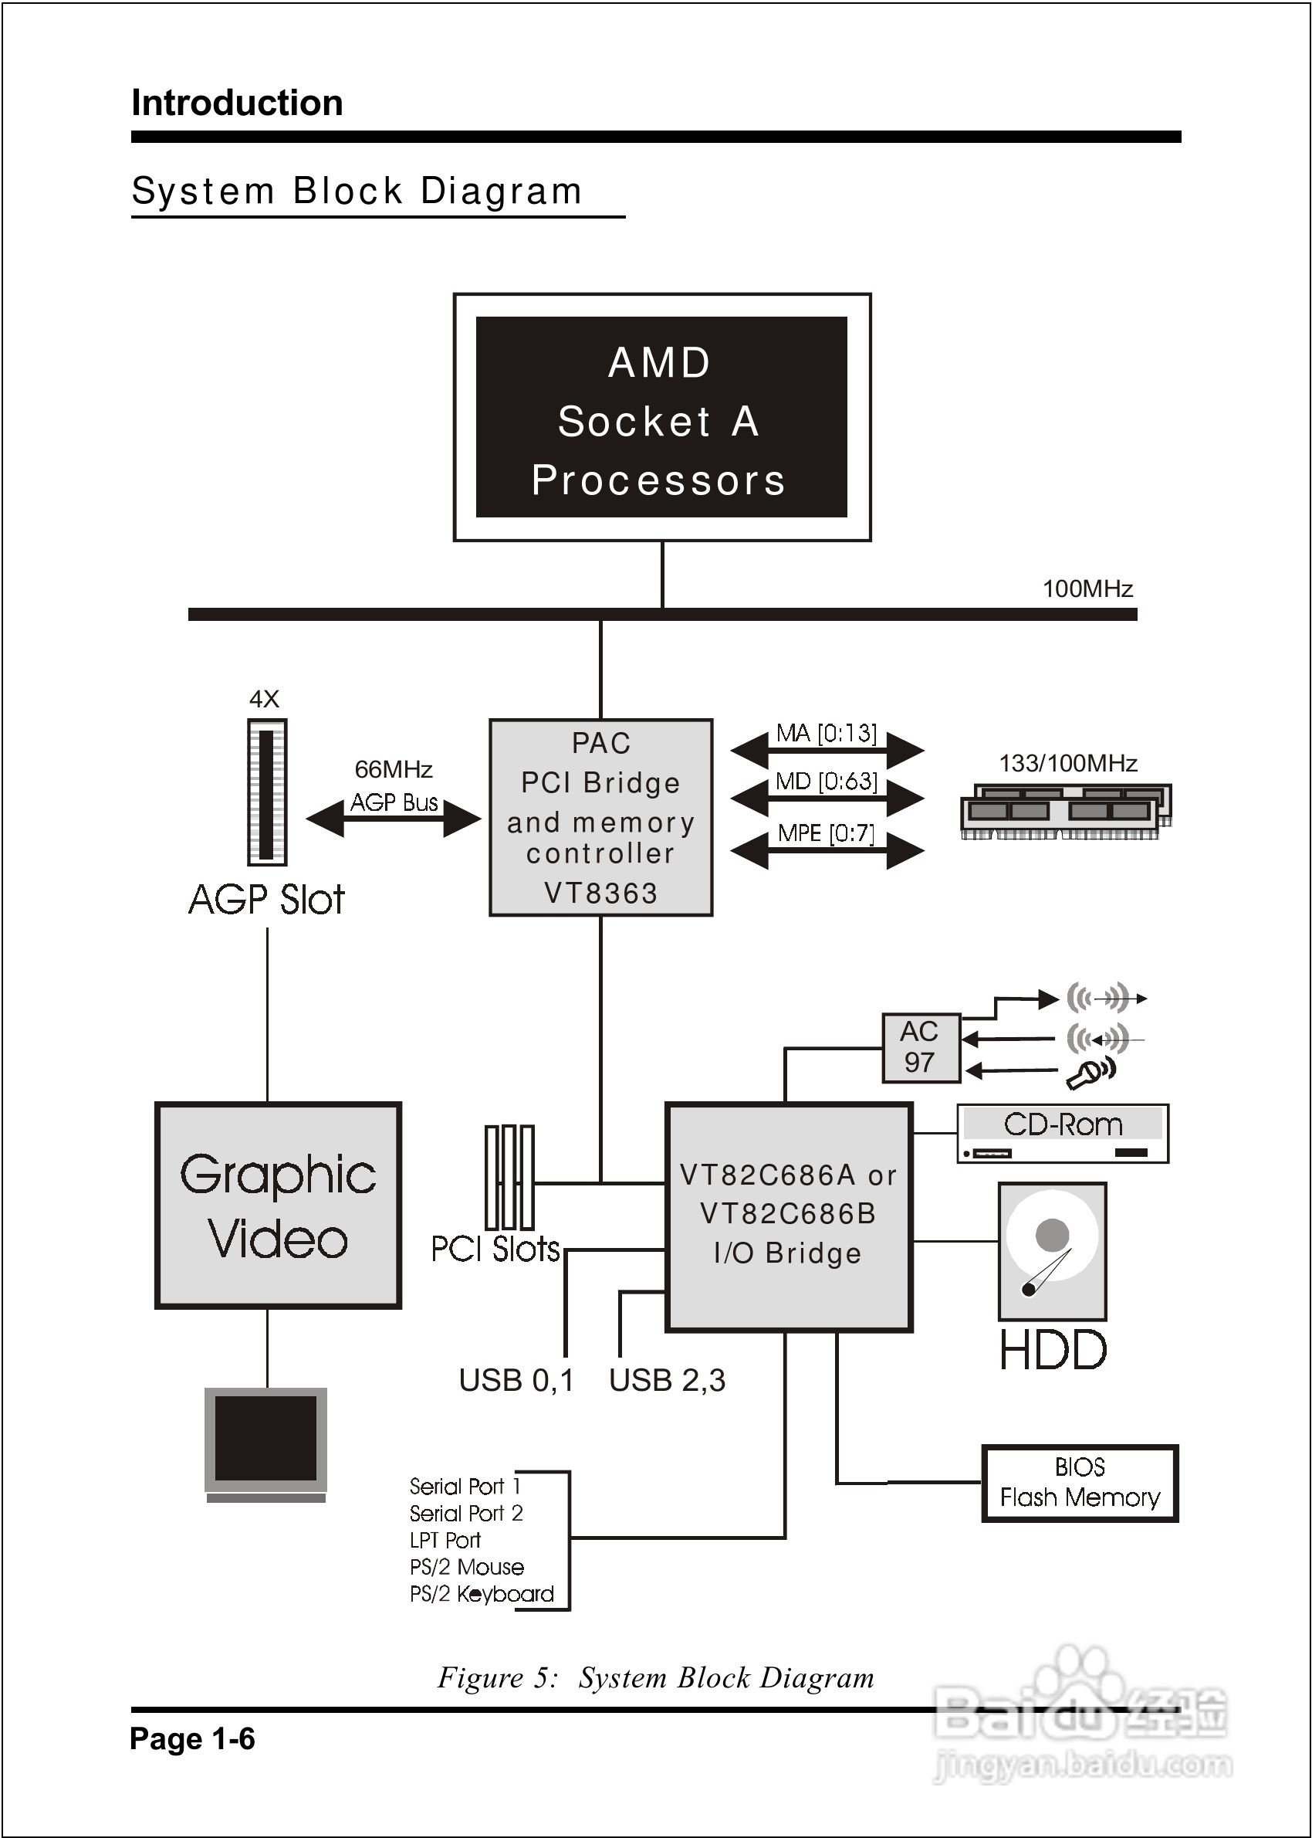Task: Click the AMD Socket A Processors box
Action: (x=661, y=417)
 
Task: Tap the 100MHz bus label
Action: (x=1087, y=588)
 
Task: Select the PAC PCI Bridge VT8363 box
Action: (x=600, y=817)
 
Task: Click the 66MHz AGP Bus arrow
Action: (x=394, y=818)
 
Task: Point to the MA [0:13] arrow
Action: (x=827, y=748)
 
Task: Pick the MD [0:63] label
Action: (x=826, y=782)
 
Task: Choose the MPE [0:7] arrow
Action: (x=827, y=849)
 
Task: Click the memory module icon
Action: (x=1065, y=811)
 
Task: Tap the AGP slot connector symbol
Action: (x=266, y=792)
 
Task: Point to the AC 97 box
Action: (x=920, y=1047)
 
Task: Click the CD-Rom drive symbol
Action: (x=1063, y=1133)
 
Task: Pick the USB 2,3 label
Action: (x=667, y=1381)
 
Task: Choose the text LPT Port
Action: (x=445, y=1540)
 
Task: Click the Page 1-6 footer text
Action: (x=192, y=1738)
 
